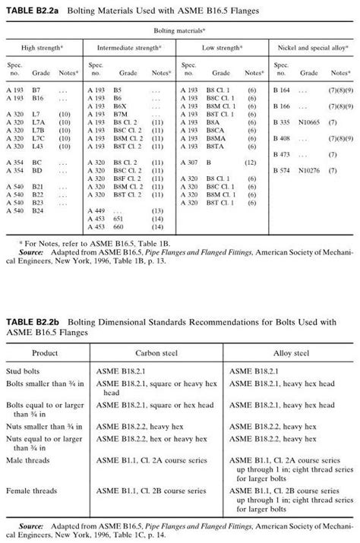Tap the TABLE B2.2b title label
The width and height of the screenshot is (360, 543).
(x=30, y=322)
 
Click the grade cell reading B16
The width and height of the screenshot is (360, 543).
(x=37, y=99)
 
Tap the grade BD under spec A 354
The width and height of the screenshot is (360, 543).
(x=36, y=170)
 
